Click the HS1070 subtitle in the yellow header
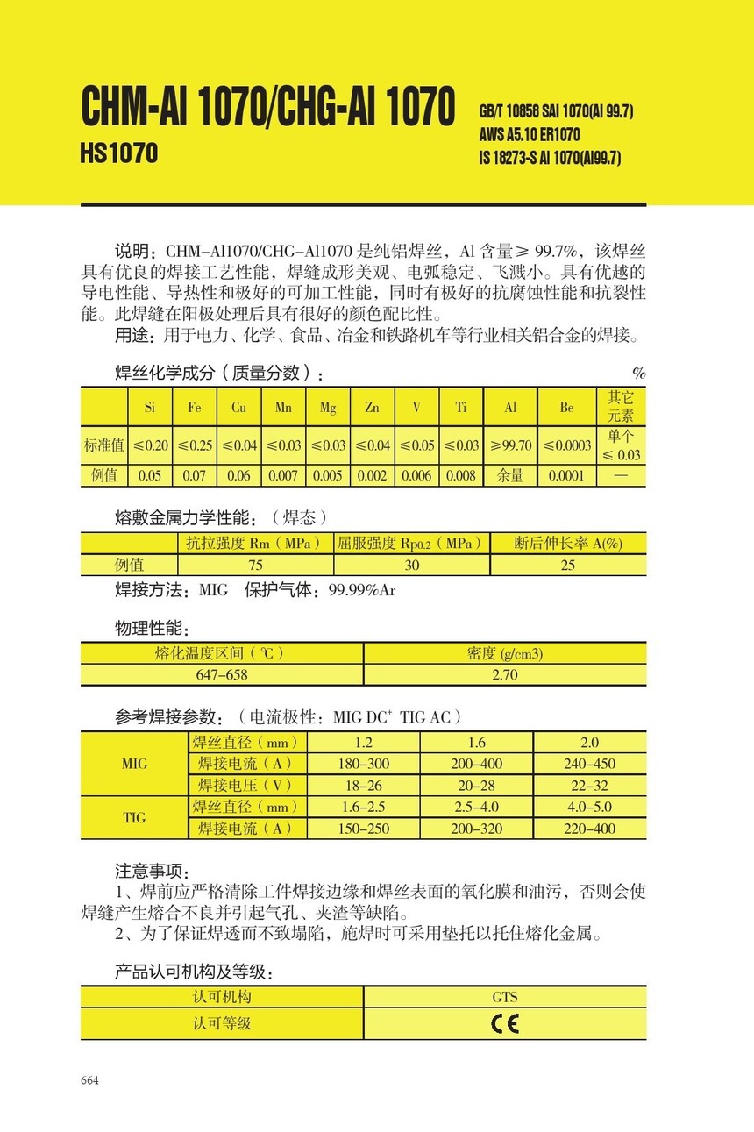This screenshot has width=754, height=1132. pos(119,153)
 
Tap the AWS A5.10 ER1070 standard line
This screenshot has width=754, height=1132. pos(530,135)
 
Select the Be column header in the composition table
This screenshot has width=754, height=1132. pos(566,407)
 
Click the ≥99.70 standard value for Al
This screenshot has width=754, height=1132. pos(511,445)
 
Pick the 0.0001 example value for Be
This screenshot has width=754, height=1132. pos(566,476)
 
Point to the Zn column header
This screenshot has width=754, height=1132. pos(372,407)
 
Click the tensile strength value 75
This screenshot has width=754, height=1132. pos(255,565)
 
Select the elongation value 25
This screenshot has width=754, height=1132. pos(567,565)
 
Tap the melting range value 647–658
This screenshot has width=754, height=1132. pos(222,674)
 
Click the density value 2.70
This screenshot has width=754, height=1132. pos(505,674)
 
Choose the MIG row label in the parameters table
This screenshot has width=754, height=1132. pos(134,764)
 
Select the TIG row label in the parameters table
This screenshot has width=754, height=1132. pos(134,818)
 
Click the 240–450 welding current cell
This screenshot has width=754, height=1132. pos(589,764)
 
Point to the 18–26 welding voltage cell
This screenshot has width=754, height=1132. pos(363,786)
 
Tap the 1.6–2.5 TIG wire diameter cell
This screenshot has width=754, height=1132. pos(363,807)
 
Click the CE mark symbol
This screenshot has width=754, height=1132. pos(505,1023)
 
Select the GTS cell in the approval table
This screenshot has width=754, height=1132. pos(505,997)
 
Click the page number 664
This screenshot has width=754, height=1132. pos(89,1080)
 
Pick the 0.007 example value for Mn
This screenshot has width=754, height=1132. pos(283,476)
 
